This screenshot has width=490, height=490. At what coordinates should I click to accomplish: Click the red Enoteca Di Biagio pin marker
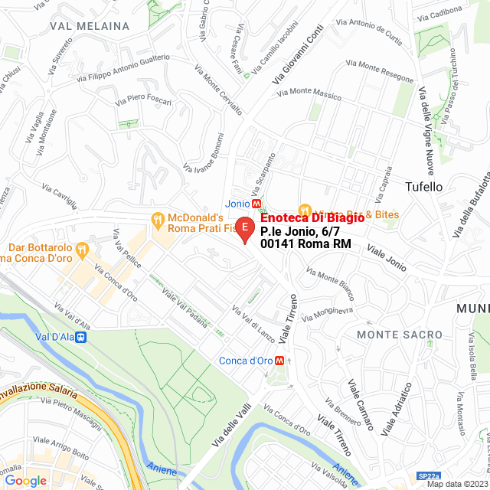point(244,228)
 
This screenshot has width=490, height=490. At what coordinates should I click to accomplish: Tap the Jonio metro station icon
point(257,204)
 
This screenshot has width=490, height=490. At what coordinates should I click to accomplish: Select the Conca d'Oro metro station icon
point(281,361)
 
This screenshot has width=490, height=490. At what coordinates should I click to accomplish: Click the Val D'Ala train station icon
point(80,335)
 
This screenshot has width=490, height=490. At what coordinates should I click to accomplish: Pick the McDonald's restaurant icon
point(158,219)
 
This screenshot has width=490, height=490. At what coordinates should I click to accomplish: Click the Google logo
point(25,481)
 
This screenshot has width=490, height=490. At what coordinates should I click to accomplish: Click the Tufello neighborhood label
point(423,186)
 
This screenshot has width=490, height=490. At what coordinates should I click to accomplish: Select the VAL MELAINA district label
point(89,26)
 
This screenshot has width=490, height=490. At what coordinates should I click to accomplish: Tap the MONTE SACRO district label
point(399,335)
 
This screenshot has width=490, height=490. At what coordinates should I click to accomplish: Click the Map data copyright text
point(456,484)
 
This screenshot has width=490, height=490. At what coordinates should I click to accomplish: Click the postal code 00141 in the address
point(276,244)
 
